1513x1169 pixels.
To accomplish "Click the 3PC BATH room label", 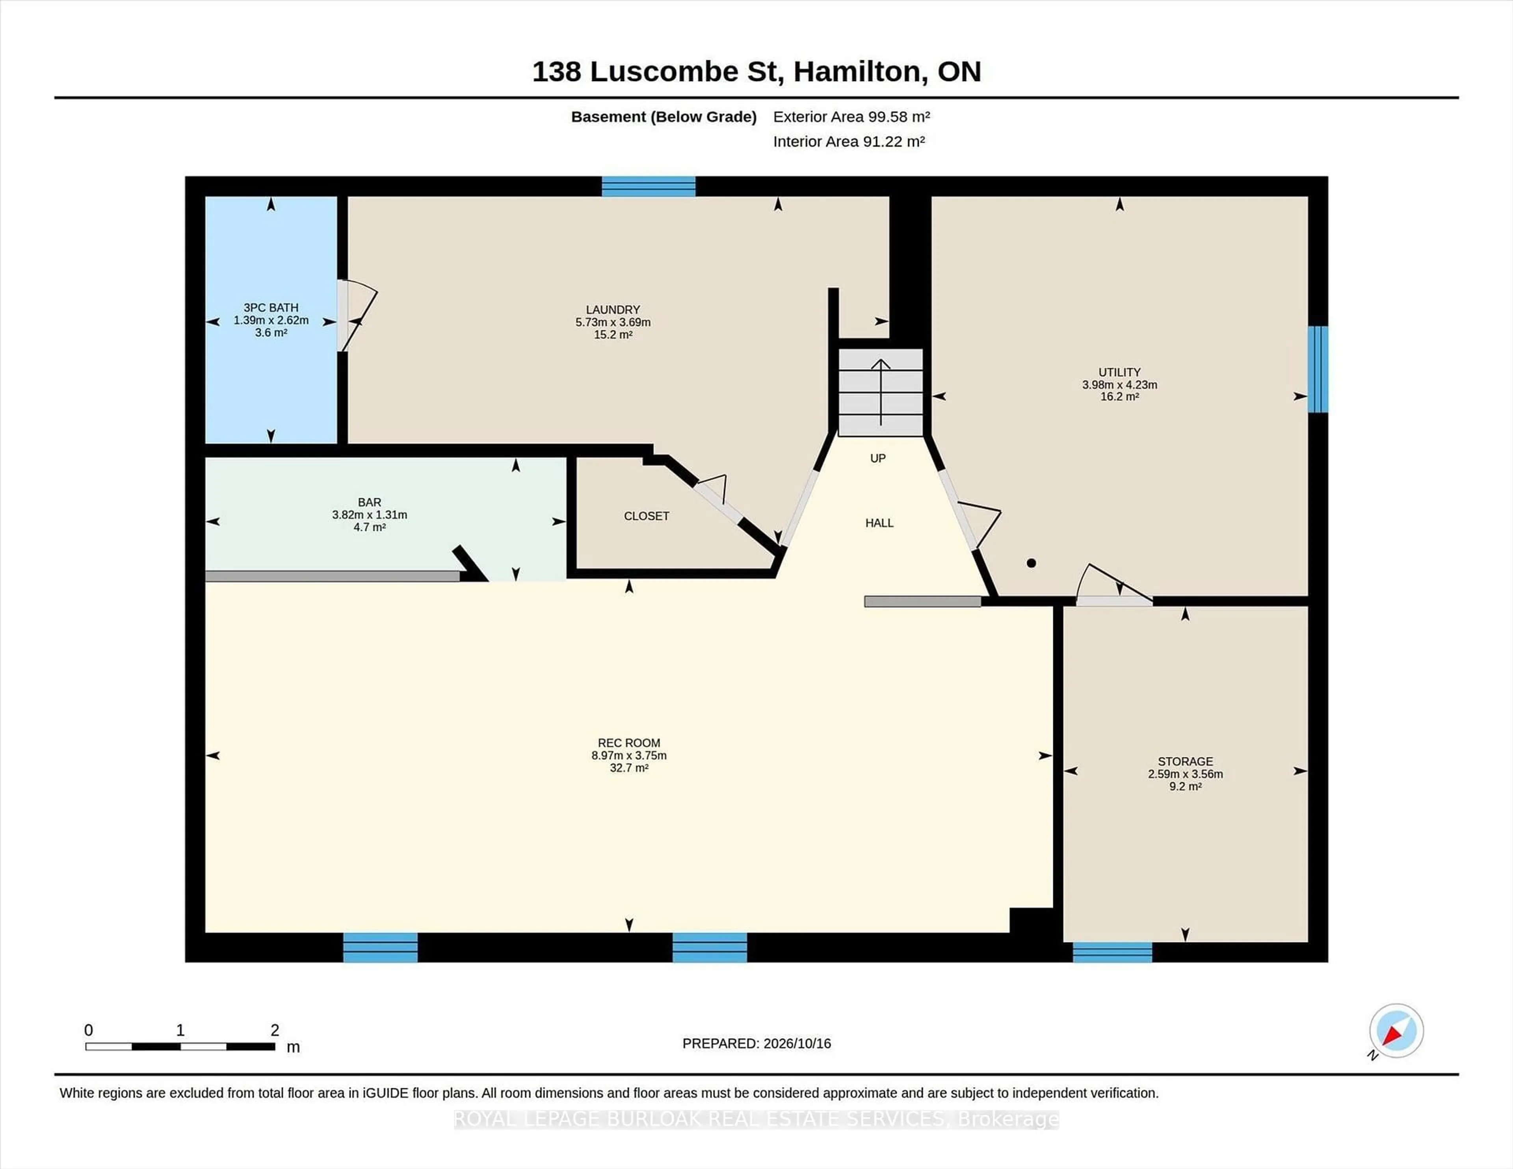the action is (271, 308).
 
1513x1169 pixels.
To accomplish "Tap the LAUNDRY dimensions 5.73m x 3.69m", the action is (613, 322).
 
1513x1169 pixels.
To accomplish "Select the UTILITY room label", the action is (1119, 372).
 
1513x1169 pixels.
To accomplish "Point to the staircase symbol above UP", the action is (881, 392).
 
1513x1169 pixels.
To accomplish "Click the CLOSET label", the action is (646, 516).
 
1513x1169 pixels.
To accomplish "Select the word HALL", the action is (879, 523).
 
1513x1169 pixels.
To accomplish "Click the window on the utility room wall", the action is (1318, 369).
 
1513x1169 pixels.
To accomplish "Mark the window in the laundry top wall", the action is (649, 186).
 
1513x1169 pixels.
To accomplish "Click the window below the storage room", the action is (1113, 952).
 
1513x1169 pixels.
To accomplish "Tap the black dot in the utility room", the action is (1032, 563).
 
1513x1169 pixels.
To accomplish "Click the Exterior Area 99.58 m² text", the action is (851, 116).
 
